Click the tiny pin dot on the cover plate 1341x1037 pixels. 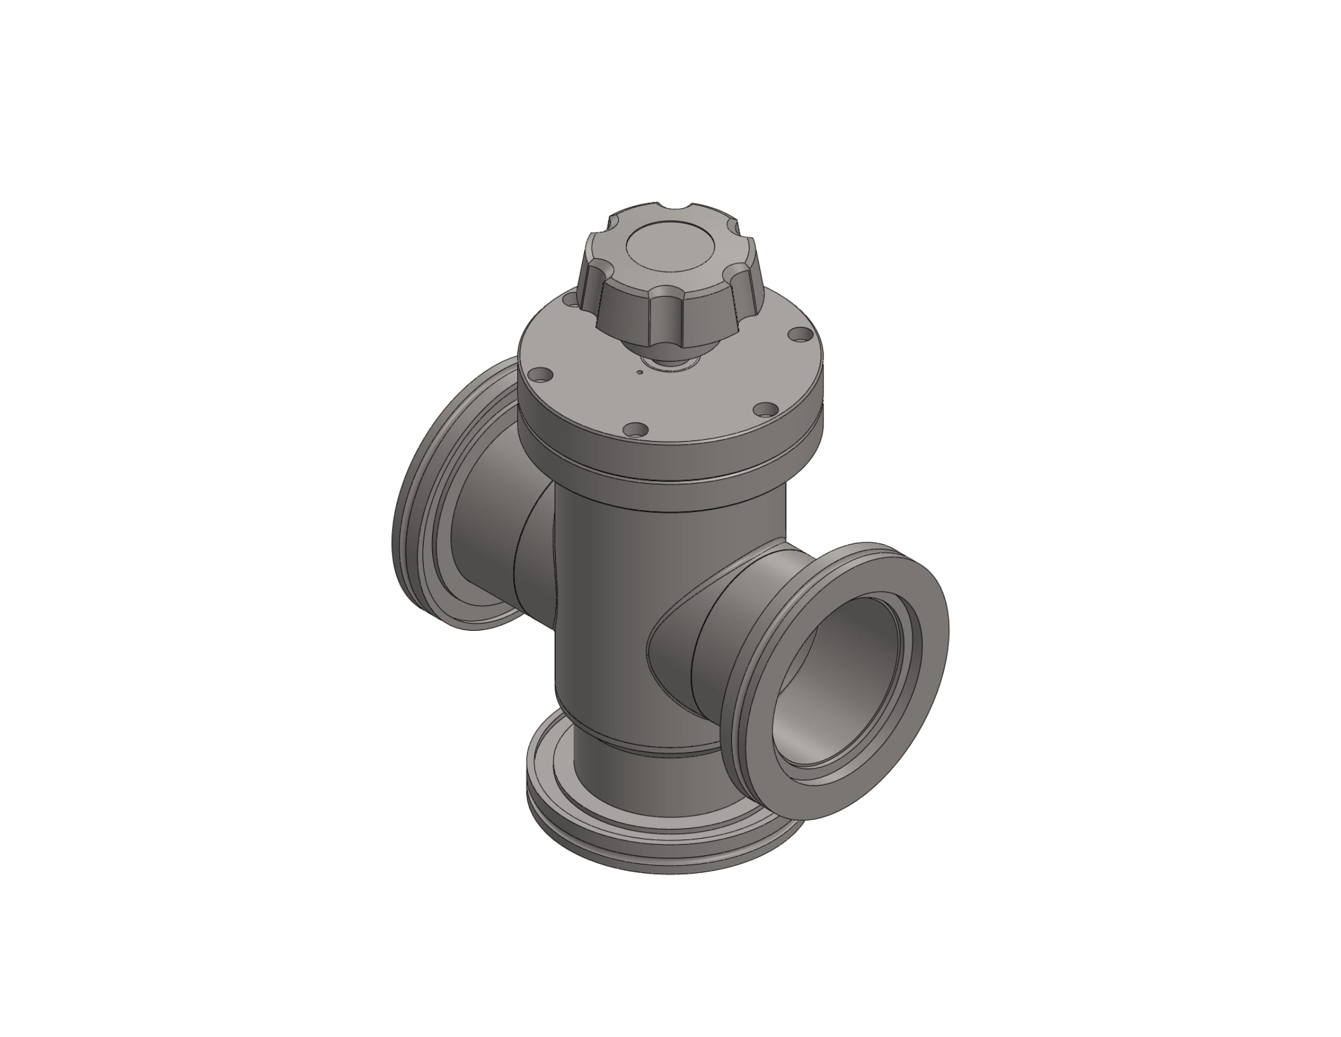click(x=640, y=371)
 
